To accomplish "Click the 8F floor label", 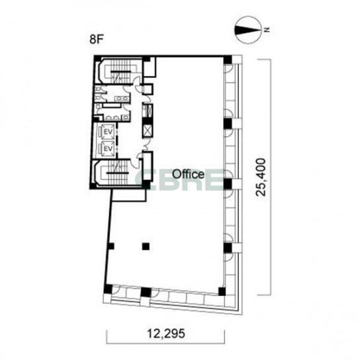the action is pyautogui.click(x=95, y=40).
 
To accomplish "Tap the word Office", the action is pyautogui.click(x=188, y=174).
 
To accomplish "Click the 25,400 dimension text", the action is pyautogui.click(x=261, y=177).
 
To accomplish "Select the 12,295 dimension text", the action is pyautogui.click(x=165, y=334).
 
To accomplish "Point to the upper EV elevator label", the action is pyautogui.click(x=108, y=132).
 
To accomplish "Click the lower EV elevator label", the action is pyautogui.click(x=108, y=149).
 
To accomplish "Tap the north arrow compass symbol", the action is pyautogui.click(x=248, y=30).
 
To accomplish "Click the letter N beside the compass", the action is pyautogui.click(x=267, y=30).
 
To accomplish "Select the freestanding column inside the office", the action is pyautogui.click(x=146, y=246).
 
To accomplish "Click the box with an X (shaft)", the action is pyautogui.click(x=147, y=131).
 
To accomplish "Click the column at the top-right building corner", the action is pyautogui.click(x=228, y=60).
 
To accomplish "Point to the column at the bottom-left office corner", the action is pyautogui.click(x=108, y=289).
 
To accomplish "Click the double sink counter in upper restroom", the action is pyautogui.click(x=122, y=99).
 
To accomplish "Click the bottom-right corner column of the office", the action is pyautogui.click(x=222, y=291).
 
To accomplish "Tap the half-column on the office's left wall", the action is pyautogui.click(x=111, y=246).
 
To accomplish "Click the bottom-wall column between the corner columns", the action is pyautogui.click(x=146, y=292).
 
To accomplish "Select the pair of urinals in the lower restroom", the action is pyautogui.click(x=112, y=118).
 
